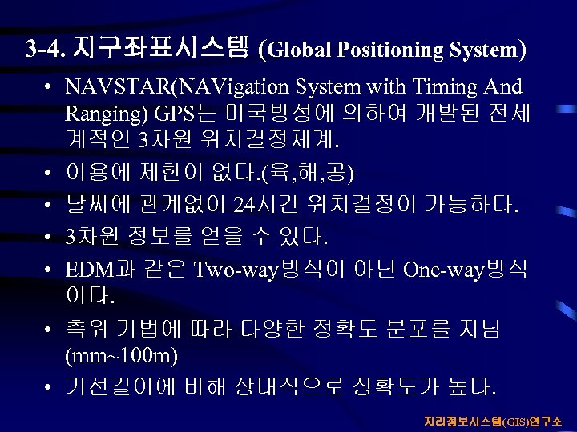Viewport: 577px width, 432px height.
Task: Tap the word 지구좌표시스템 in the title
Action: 159,49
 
